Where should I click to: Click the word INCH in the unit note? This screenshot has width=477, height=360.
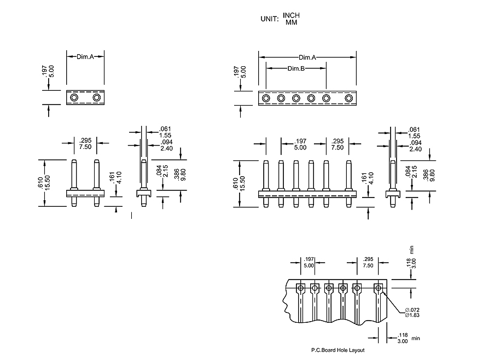(291, 15)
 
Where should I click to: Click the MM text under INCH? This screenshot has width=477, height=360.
(291, 23)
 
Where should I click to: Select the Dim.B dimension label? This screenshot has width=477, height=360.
(296, 68)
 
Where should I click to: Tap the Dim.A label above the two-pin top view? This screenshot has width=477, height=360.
(85, 56)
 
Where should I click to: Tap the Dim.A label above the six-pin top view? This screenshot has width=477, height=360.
(307, 57)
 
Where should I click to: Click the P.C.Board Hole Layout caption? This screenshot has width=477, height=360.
(338, 350)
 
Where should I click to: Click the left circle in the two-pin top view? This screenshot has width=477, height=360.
(74, 98)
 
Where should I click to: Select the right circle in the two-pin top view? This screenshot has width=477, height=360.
(97, 98)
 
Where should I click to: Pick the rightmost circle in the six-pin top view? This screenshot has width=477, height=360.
(349, 98)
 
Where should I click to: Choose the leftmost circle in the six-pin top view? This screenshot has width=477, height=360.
(266, 98)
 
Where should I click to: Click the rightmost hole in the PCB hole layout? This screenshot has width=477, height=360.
(378, 288)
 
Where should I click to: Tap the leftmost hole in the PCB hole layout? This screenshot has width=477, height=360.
(300, 288)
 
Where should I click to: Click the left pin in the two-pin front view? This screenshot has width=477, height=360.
(74, 174)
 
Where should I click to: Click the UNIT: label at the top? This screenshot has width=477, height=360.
(269, 19)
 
